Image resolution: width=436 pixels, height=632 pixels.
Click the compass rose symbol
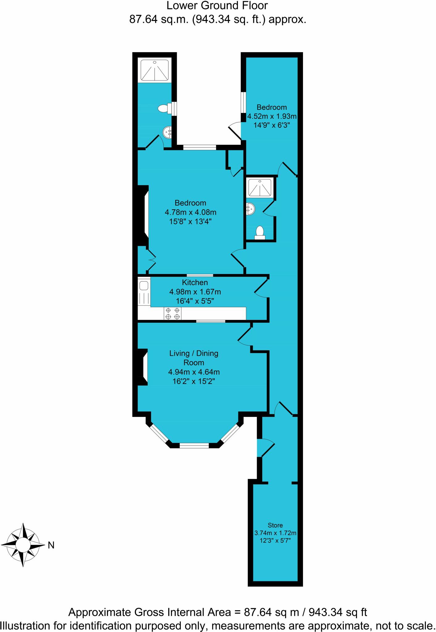pyautogui.click(x=23, y=545)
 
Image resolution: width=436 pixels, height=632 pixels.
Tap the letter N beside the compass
pyautogui.click(x=51, y=546)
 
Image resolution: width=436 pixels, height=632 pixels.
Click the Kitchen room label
pyautogui.click(x=195, y=282)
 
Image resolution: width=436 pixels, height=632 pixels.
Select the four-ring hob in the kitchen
pyautogui.click(x=172, y=314)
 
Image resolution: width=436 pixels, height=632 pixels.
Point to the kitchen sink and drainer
pyautogui.click(x=144, y=292)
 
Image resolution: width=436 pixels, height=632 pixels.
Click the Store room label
pyautogui.click(x=275, y=525)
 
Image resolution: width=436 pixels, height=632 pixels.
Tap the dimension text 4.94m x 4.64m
pyautogui.click(x=194, y=372)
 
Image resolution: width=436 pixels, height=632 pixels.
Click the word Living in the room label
pyautogui.click(x=179, y=353)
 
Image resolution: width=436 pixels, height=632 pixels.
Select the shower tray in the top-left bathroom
pyautogui.click(x=155, y=70)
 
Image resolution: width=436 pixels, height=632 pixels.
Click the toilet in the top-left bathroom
pyautogui.click(x=164, y=108)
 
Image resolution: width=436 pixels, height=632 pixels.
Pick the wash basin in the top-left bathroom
pyautogui.click(x=168, y=133)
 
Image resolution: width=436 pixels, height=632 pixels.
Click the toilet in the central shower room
pyautogui.click(x=260, y=232)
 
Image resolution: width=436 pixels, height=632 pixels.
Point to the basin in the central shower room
pyautogui.click(x=250, y=209)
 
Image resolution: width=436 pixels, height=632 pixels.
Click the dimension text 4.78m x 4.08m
pyautogui.click(x=190, y=212)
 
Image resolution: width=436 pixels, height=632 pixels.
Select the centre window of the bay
pyautogui.click(x=194, y=445)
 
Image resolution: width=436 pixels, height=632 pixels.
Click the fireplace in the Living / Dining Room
pyautogui.click(x=143, y=367)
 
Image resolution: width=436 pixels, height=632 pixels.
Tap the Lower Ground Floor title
pyautogui.click(x=217, y=6)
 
